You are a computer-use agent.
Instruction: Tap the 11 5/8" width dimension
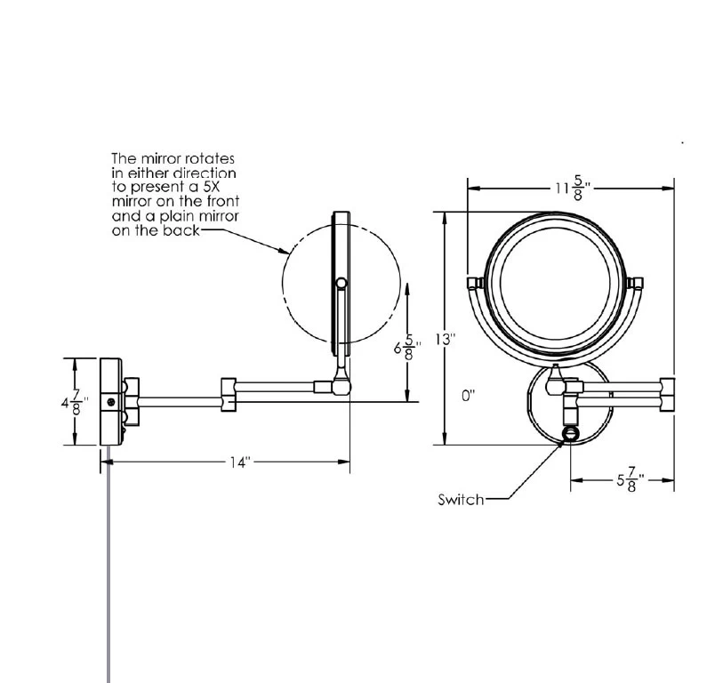click(570, 189)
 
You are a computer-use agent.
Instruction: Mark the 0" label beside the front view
click(469, 397)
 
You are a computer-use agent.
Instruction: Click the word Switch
click(461, 500)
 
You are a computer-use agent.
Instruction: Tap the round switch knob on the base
click(570, 435)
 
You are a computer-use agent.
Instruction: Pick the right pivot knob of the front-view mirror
click(635, 283)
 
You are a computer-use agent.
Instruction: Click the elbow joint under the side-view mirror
click(341, 385)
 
